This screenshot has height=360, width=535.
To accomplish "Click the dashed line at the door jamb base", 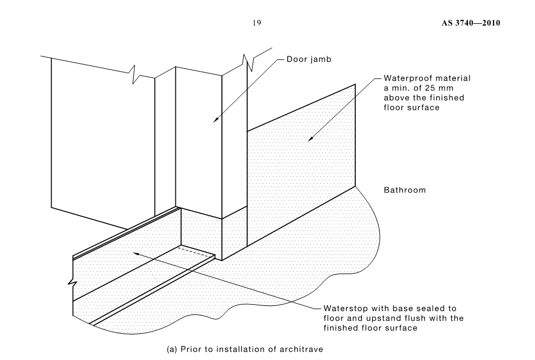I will click(x=194, y=247).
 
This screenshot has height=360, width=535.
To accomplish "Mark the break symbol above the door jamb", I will click(x=248, y=62).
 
